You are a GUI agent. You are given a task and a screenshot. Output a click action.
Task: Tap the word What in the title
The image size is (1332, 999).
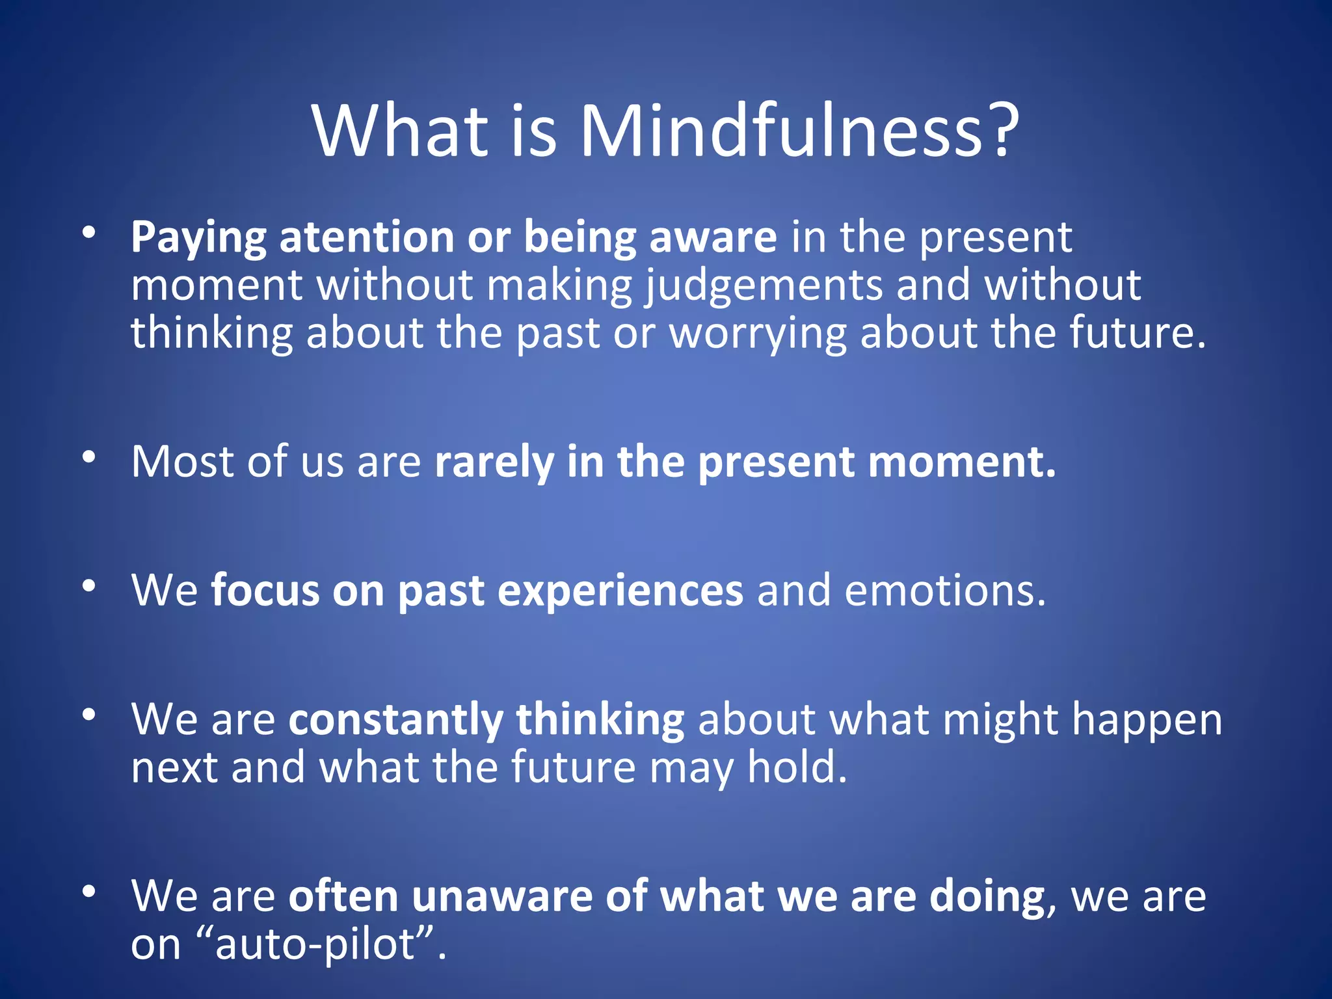pyautogui.click(x=400, y=132)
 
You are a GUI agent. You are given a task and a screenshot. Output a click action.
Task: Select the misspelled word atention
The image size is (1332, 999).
pyautogui.click(x=366, y=237)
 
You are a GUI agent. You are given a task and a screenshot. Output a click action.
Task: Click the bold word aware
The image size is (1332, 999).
pyautogui.click(x=713, y=237)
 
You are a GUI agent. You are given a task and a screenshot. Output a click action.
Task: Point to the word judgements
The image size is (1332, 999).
pyautogui.click(x=764, y=287)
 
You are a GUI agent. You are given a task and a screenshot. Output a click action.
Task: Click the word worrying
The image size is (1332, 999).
pyautogui.click(x=758, y=334)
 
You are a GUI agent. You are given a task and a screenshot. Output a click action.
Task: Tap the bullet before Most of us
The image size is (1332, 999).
pyautogui.click(x=89, y=457)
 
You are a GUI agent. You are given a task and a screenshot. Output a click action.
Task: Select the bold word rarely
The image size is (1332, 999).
pyautogui.click(x=494, y=463)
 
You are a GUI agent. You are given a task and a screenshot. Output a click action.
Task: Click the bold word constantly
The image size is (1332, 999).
pyautogui.click(x=395, y=721)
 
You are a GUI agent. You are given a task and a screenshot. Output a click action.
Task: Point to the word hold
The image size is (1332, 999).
pyautogui.click(x=797, y=768)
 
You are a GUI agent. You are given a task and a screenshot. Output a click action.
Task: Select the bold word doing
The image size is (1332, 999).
pyautogui.click(x=987, y=898)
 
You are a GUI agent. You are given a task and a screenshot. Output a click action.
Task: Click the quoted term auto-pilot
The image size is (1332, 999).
pyautogui.click(x=315, y=945)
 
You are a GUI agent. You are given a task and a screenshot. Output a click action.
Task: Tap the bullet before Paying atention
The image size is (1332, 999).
pyautogui.click(x=89, y=232)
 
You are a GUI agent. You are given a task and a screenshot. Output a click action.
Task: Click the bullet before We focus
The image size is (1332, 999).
pyautogui.click(x=89, y=585)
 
